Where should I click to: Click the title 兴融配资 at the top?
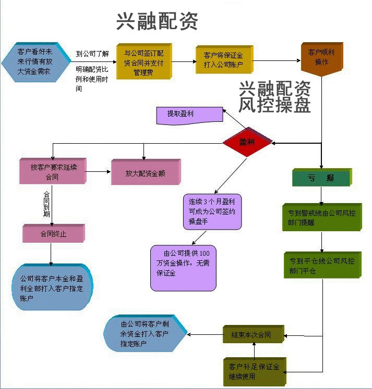click(157, 21)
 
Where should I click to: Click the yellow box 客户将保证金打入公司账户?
click(223, 61)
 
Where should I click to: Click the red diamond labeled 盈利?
click(247, 142)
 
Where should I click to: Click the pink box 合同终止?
click(53, 234)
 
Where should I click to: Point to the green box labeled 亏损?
click(321, 178)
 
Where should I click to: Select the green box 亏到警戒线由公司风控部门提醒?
click(321, 217)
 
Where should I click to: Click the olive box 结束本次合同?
click(254, 334)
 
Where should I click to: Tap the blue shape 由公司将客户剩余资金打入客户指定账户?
click(145, 333)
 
